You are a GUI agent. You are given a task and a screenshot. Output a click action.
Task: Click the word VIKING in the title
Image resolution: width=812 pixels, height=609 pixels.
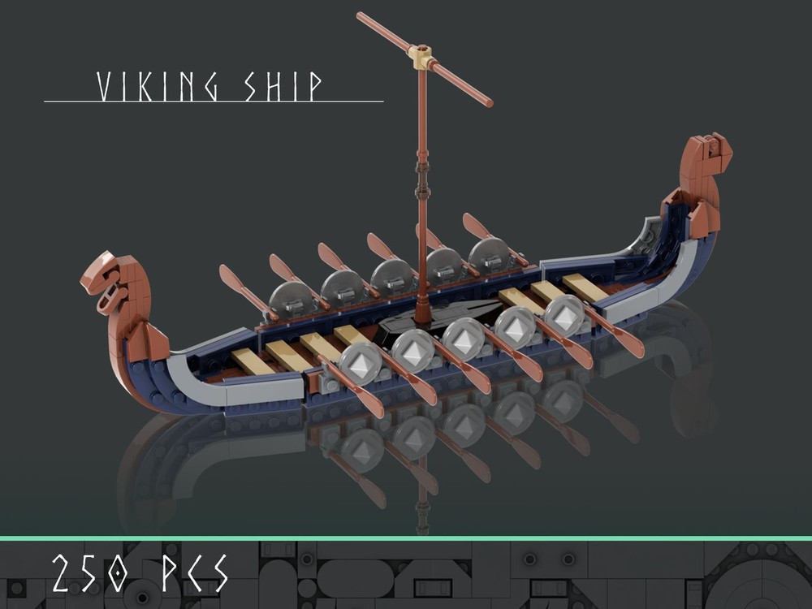point(157,87)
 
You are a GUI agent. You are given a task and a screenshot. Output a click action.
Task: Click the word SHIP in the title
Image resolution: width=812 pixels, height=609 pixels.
point(284,87)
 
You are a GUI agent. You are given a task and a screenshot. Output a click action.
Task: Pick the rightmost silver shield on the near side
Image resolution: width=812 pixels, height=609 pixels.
point(564,315)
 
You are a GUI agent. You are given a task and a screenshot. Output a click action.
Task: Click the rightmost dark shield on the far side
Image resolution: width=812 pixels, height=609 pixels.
point(489,255)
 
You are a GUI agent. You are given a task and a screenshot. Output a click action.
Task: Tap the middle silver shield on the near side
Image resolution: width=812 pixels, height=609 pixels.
point(464,338)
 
